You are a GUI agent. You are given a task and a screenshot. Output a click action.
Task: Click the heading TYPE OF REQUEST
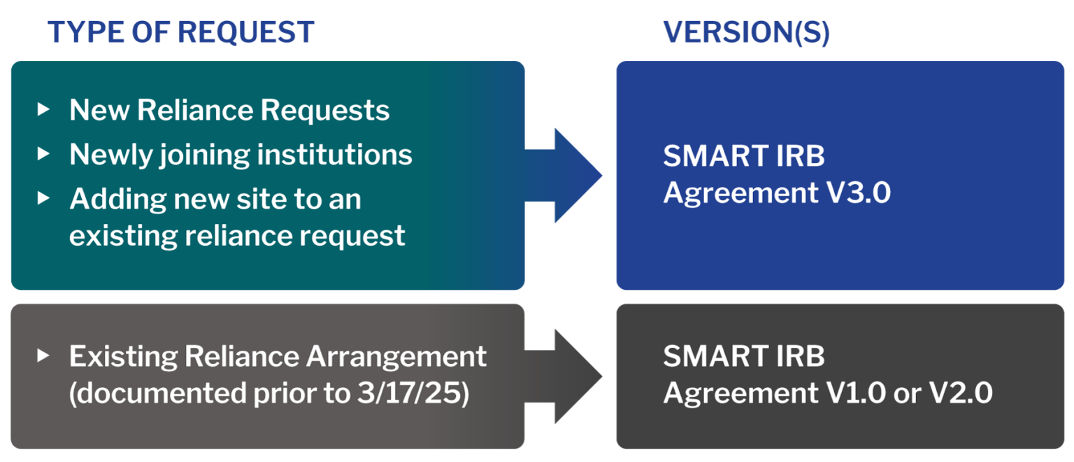(x=180, y=32)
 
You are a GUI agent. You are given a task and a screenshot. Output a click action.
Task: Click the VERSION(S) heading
(x=746, y=32)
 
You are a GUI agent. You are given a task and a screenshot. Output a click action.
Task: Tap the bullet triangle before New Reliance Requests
(x=44, y=109)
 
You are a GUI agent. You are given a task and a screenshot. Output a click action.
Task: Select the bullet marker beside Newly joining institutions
(x=44, y=153)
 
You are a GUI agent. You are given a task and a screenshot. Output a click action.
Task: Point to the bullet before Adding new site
(x=44, y=198)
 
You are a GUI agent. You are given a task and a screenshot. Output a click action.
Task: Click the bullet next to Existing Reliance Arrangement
(x=44, y=356)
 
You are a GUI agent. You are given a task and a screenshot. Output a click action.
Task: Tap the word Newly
(x=108, y=155)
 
